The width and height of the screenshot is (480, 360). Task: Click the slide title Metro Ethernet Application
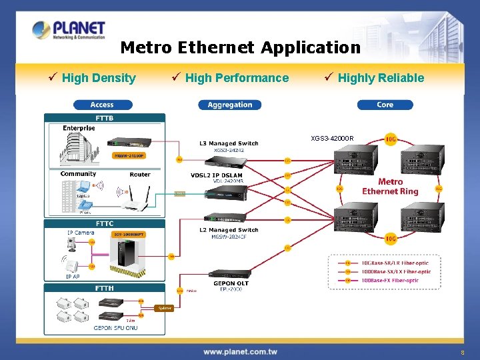point(240,48)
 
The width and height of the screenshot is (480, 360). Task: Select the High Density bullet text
point(98,78)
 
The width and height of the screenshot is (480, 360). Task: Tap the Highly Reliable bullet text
point(381,78)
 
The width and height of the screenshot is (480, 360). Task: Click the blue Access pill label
point(102,105)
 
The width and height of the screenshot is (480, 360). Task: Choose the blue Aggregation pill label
point(230,105)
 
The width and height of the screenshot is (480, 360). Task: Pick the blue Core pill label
point(385,105)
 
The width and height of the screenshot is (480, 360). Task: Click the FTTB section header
point(105,118)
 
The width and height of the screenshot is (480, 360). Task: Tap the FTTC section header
point(105,223)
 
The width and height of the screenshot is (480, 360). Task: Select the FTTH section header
point(105,288)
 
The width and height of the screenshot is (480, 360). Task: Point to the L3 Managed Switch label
point(229,143)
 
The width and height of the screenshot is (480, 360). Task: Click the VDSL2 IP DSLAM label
point(217,175)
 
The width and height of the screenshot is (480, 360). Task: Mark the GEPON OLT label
point(231,284)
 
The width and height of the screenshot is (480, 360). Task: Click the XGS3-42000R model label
point(332,139)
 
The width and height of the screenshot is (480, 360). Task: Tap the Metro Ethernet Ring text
point(390,187)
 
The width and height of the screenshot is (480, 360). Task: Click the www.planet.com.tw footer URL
point(240,351)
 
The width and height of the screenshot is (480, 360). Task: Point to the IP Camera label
point(81,233)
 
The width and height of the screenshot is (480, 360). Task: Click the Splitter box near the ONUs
point(163,308)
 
